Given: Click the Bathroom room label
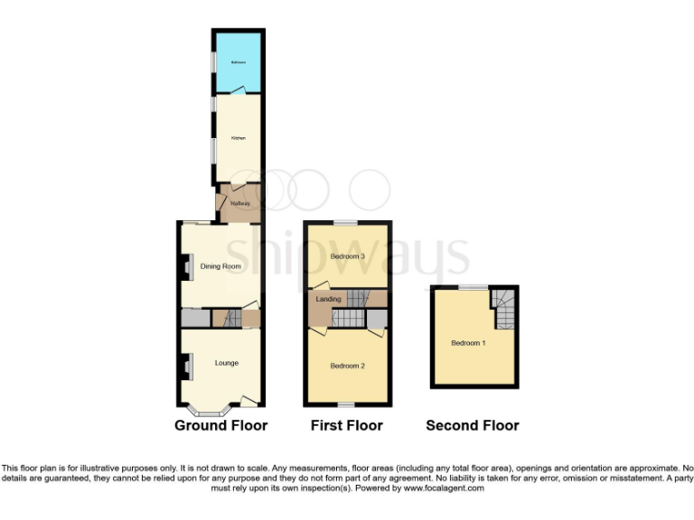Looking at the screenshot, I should tap(238, 62).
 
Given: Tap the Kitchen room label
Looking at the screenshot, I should tap(238, 138).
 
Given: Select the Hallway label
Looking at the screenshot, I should tap(239, 204).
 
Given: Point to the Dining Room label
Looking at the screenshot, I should tap(220, 266).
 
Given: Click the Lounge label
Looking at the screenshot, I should tap(226, 363).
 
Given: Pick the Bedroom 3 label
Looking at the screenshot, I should tap(347, 257).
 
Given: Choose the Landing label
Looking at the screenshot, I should tap(329, 299).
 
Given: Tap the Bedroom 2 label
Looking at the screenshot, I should tap(347, 366).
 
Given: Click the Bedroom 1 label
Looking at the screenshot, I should tap(468, 343).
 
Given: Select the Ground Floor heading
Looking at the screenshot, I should tap(220, 425).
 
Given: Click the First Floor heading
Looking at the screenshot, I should tap(346, 425).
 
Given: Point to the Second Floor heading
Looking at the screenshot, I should tap(472, 425).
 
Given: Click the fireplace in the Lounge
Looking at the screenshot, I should tap(184, 364).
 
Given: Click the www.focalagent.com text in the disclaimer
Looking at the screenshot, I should tap(437, 488).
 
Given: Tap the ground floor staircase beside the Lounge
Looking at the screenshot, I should tap(230, 319).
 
